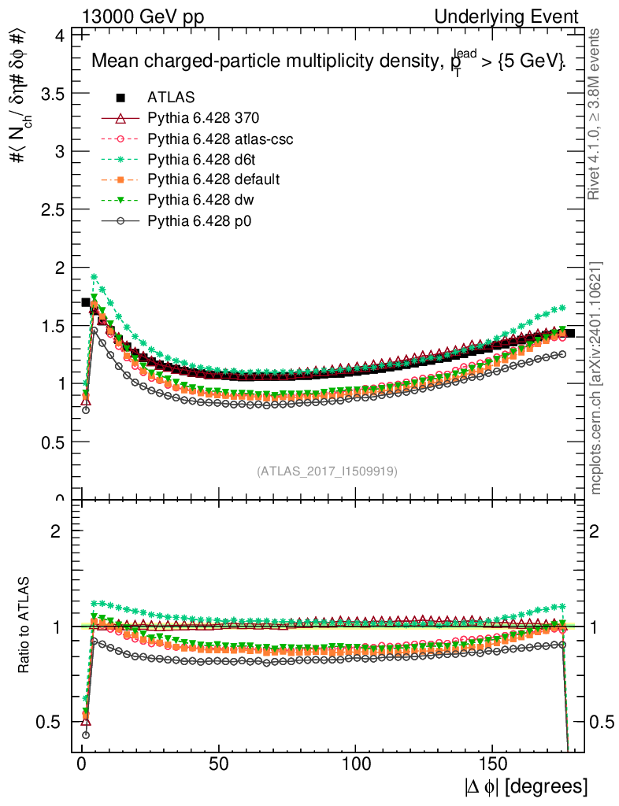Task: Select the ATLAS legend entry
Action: point(171,98)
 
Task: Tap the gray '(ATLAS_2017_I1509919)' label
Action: point(327,471)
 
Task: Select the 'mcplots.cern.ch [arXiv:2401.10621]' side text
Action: point(596,378)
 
